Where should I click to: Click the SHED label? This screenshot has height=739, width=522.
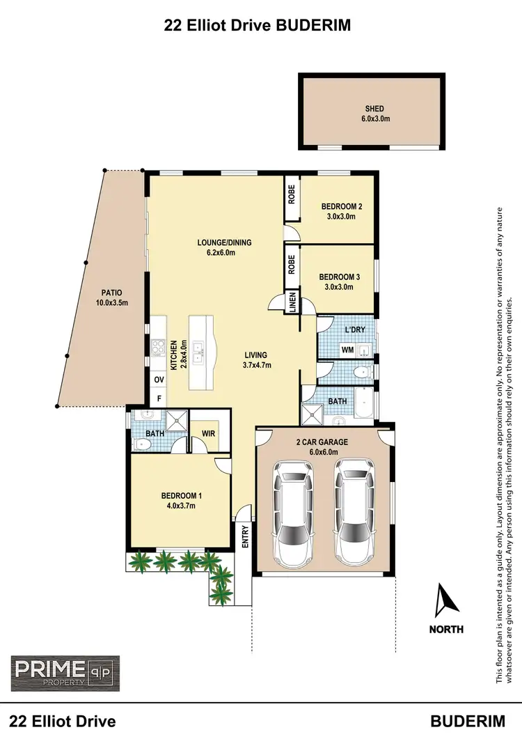(x=374, y=109)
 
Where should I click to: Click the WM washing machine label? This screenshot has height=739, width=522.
(x=346, y=350)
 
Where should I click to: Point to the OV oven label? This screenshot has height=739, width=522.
(x=159, y=380)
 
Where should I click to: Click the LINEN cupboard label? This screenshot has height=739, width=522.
(x=293, y=302)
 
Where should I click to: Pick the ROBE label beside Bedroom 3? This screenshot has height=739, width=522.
(x=292, y=263)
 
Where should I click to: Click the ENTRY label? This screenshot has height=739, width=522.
(x=245, y=537)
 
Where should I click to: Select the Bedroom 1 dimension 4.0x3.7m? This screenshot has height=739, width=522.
(x=182, y=506)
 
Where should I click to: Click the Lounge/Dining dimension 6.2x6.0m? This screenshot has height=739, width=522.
(x=224, y=253)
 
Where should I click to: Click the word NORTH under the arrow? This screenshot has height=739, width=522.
(x=446, y=629)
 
